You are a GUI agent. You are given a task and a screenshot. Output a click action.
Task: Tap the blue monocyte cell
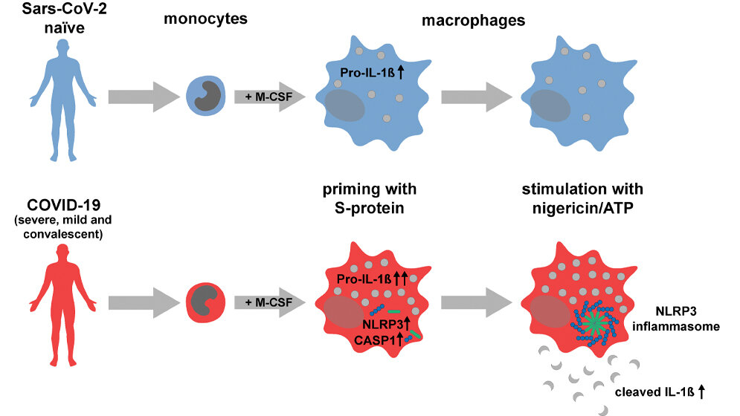[206, 97]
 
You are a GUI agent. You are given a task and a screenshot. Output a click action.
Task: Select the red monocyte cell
[206, 302]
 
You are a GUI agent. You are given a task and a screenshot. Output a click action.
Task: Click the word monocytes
[205, 19]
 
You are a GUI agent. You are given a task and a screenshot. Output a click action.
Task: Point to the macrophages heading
[473, 20]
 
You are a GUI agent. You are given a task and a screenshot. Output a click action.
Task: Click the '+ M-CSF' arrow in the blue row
[270, 97]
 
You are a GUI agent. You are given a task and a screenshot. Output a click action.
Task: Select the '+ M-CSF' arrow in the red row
[270, 302]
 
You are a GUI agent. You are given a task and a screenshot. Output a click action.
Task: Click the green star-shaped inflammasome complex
[593, 323]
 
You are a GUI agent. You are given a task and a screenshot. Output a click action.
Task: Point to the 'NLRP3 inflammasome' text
[676, 319]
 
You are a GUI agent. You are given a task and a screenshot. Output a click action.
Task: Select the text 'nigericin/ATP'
[583, 208]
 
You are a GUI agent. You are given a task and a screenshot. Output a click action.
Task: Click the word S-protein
[370, 208]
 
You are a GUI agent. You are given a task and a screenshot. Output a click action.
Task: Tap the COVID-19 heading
[64, 205]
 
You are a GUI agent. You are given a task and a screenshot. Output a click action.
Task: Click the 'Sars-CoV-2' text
[65, 9]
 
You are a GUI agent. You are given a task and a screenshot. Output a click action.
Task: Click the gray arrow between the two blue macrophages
[477, 97]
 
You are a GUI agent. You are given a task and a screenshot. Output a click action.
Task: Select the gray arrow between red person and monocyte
[144, 302]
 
